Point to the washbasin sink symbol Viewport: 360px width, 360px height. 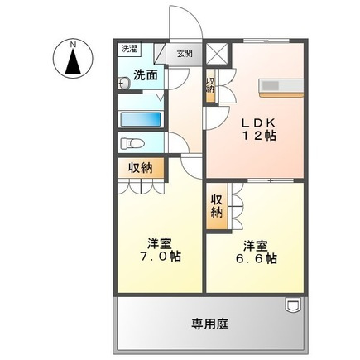click(126, 82)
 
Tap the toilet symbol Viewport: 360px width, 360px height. click(132, 143)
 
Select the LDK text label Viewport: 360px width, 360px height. click(258, 122)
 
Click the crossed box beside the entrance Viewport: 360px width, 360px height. click(217, 54)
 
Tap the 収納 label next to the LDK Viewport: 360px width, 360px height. click(210, 85)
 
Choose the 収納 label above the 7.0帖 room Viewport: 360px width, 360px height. click(141, 168)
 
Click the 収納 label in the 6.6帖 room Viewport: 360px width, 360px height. click(216, 205)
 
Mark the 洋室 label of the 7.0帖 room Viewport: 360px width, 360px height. click(161, 242)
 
